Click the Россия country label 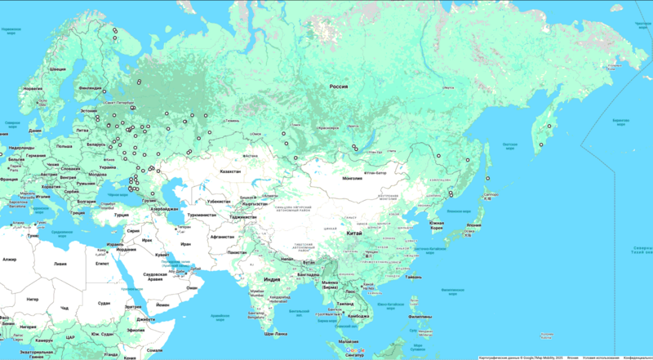tap(339, 86)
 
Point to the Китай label tap(355, 233)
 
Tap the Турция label tap(122, 215)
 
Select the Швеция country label tap(58, 69)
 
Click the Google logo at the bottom tap(356, 350)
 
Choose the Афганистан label tap(222, 236)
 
